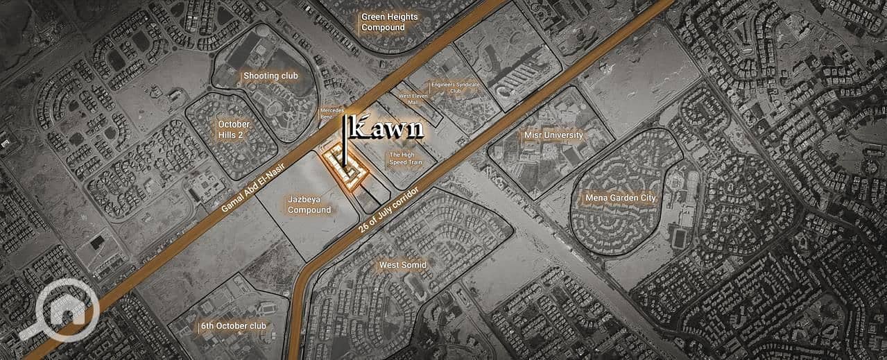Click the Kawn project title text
(x=387, y=129)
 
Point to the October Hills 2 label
(x=234, y=129)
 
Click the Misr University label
(x=553, y=135)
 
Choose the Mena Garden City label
(x=620, y=198)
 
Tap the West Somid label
(x=402, y=265)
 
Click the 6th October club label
(x=233, y=325)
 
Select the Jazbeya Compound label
(x=309, y=204)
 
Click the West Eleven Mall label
(x=412, y=99)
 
